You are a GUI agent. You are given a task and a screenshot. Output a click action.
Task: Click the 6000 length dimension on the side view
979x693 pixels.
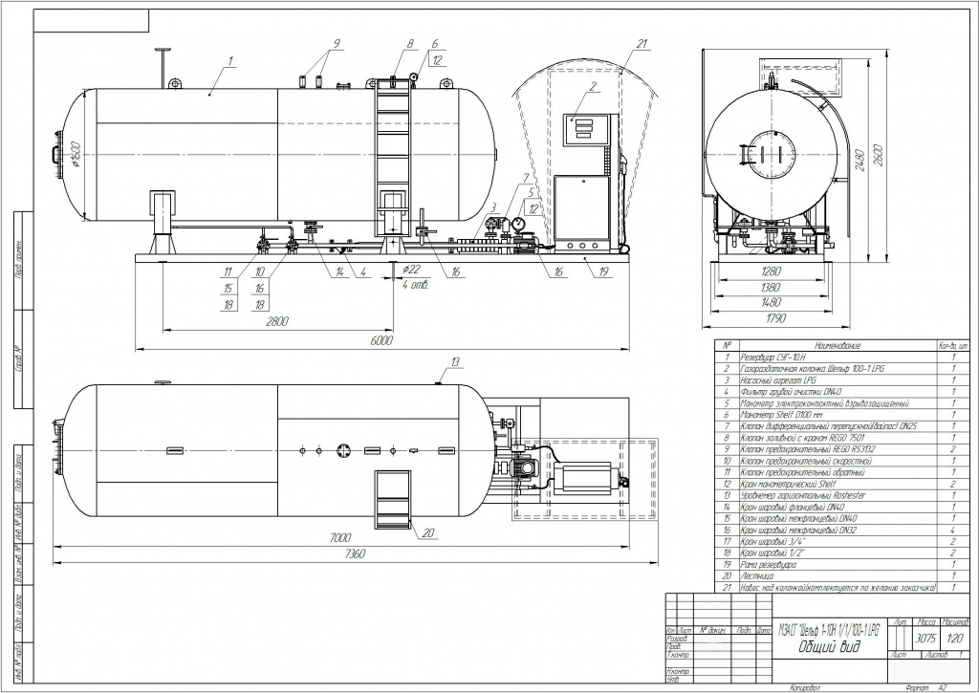coord(381,340)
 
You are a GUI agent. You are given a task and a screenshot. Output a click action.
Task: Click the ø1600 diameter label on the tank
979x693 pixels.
coord(74,153)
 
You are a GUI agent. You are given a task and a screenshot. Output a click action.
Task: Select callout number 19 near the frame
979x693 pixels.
coord(603,271)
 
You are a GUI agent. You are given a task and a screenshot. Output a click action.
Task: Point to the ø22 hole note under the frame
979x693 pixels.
coord(412,271)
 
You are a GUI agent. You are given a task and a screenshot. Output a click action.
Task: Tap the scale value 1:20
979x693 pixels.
coord(955,639)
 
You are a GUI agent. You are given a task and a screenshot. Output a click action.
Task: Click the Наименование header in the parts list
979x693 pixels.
coord(838,344)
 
